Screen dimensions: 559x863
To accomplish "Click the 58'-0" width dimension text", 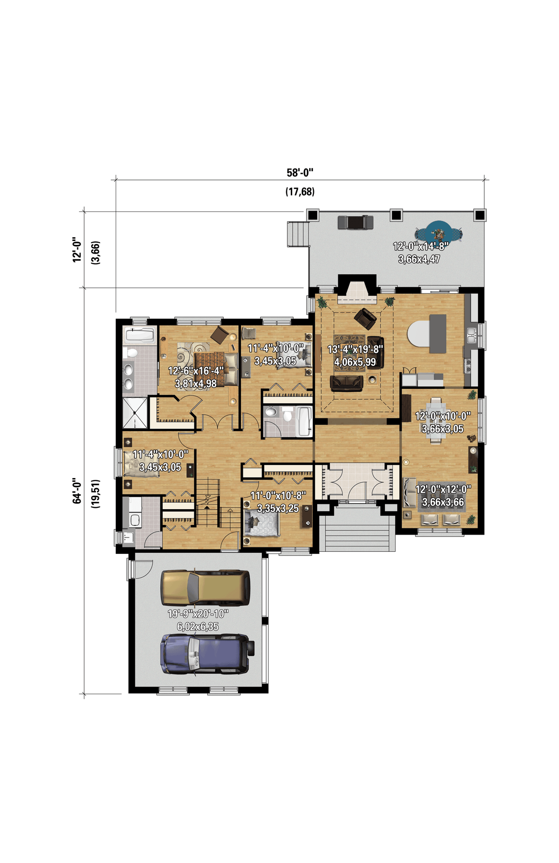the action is [x=300, y=173].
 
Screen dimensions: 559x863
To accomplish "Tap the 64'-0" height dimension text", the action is [x=77, y=490].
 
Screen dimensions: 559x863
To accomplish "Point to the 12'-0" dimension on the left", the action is [x=77, y=250].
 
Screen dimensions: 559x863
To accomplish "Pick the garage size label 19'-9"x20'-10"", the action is [x=198, y=614].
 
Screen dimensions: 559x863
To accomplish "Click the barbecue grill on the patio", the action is [x=356, y=222].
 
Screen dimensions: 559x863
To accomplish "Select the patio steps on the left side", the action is [x=298, y=233].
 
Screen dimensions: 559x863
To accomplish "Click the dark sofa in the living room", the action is [x=346, y=384].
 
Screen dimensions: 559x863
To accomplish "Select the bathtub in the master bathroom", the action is [x=139, y=335].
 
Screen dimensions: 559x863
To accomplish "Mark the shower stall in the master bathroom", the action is [x=136, y=413].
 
